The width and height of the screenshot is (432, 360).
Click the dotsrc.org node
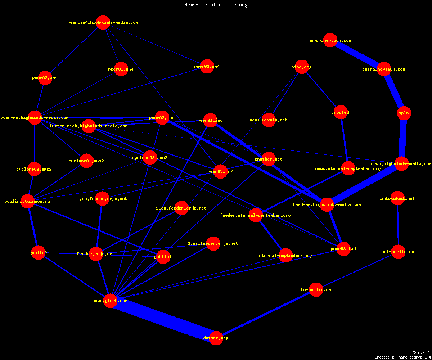[216, 338]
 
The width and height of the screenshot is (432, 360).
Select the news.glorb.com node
[110, 301]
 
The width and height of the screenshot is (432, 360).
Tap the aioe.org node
[302, 67]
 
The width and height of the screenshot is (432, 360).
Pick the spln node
[404, 113]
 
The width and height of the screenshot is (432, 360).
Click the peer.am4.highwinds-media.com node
[103, 22]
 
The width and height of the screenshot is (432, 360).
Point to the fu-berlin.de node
[316, 289]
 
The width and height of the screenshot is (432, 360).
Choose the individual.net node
[397, 198]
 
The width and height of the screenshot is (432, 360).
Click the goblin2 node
[38, 253]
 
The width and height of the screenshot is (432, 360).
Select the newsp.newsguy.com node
[330, 40]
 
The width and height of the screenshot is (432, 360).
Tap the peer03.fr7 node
[220, 171]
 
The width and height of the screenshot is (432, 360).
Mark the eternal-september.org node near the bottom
[285, 256]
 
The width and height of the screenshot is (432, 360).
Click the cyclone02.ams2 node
[34, 169]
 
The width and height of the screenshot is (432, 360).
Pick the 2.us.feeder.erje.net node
[213, 243]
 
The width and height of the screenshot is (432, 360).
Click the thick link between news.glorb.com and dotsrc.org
[163, 319]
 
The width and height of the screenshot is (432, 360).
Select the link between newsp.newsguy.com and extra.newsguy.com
[357, 55]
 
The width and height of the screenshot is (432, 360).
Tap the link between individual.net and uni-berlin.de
[398, 225]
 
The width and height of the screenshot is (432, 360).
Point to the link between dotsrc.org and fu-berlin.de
[266, 314]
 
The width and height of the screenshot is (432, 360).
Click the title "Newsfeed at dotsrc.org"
[216, 5]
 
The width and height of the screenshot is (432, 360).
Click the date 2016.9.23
[421, 352]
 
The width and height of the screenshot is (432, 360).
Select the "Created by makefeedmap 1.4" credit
[403, 357]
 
